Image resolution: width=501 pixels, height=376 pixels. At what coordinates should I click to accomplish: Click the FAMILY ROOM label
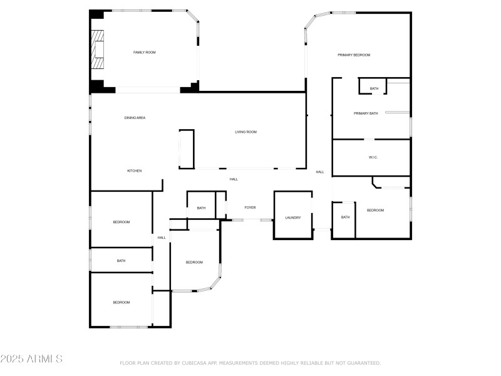pos(144,52)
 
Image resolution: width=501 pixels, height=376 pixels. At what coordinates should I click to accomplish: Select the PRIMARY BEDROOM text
pos(354,55)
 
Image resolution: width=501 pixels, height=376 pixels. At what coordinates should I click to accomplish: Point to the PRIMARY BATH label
pos(366,113)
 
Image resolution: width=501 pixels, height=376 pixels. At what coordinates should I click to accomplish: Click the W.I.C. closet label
pos(373,157)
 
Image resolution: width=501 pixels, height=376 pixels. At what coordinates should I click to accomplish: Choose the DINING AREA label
pos(135,117)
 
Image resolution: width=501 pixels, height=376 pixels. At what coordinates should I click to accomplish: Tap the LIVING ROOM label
pos(245,132)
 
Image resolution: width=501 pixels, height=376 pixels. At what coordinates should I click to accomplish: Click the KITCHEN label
pos(134,170)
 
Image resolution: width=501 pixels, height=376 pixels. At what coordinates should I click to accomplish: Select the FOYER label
pos(250,207)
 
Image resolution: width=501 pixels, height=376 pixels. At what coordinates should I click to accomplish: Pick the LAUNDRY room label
pos(293,217)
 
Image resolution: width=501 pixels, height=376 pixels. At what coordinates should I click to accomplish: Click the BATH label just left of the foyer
pos(201,208)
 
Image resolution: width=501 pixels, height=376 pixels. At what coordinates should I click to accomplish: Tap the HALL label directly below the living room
pos(234,179)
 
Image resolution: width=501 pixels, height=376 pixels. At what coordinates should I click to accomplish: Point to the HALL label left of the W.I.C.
pos(319,172)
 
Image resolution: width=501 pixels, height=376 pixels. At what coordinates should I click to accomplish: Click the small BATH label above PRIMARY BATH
pos(374,88)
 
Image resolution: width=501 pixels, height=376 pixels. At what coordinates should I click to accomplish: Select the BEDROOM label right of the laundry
pos(375,210)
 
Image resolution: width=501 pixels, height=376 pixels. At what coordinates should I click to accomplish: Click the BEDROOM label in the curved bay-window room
pos(194,262)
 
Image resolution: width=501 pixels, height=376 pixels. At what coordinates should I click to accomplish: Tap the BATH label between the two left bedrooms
pos(121,260)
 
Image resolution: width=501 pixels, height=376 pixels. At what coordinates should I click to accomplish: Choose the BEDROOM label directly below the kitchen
pos(121,222)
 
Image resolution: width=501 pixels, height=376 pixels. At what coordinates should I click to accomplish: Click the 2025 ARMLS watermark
pos(31,359)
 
